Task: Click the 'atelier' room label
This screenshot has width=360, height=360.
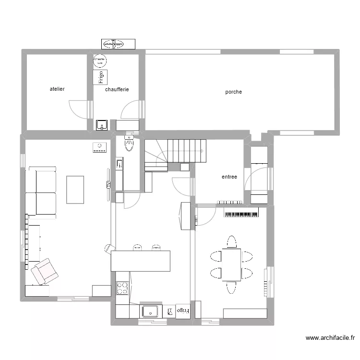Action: click(57, 89)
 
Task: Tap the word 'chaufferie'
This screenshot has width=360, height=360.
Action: click(117, 89)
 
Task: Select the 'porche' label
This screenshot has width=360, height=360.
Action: click(234, 92)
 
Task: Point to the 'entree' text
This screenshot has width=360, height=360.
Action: click(229, 177)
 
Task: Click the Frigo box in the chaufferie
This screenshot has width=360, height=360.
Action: click(100, 77)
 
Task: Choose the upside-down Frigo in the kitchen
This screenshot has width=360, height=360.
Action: click(182, 311)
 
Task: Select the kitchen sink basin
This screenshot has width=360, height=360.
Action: click(151, 312)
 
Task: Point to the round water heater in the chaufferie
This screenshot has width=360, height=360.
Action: click(100, 60)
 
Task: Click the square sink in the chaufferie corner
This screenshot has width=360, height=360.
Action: click(102, 125)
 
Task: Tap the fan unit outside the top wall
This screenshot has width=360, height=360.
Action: click(113, 44)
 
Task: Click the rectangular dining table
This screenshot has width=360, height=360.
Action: click(231, 264)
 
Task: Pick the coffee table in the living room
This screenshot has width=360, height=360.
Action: click(75, 190)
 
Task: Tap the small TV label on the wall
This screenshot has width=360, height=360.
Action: click(108, 184)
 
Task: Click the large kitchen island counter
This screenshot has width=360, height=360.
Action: click(141, 261)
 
